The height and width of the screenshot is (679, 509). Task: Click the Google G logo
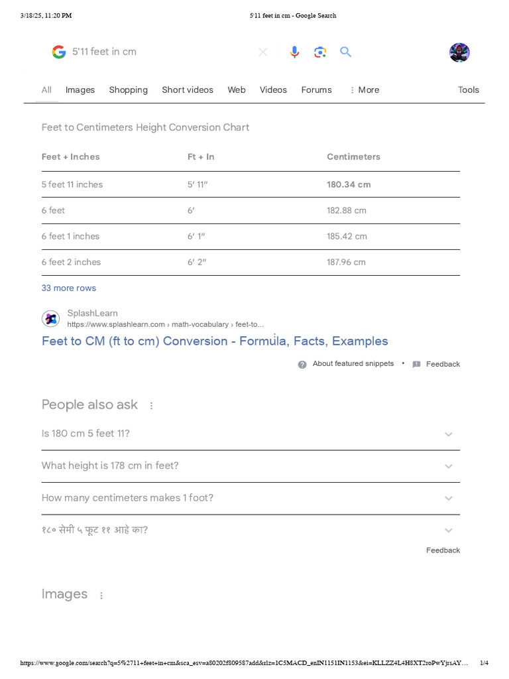click(59, 52)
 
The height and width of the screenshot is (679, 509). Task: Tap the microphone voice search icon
click(295, 52)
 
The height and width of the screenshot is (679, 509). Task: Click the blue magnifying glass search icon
click(345, 52)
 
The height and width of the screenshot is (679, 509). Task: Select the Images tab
click(80, 90)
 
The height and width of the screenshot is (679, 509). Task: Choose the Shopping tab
click(129, 90)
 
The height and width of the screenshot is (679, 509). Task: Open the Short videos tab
click(188, 90)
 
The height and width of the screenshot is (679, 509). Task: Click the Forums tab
click(316, 90)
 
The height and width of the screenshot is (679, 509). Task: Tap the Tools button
click(468, 90)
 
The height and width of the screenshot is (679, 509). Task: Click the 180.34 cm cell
click(349, 184)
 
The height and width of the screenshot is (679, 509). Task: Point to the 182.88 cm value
click(346, 210)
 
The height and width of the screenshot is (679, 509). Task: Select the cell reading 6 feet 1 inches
click(70, 236)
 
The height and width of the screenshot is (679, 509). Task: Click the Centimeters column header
click(353, 157)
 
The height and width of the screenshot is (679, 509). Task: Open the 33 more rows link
click(69, 288)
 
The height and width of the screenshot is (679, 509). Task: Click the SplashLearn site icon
click(51, 318)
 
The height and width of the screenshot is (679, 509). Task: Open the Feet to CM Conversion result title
click(215, 341)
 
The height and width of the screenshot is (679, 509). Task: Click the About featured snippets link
click(353, 364)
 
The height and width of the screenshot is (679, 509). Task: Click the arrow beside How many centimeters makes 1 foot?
click(448, 498)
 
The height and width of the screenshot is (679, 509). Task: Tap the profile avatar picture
click(459, 52)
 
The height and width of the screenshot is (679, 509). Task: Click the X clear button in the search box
click(263, 52)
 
